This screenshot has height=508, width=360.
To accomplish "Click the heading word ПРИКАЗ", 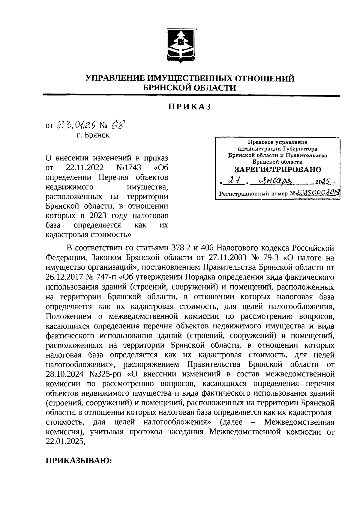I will (190, 107).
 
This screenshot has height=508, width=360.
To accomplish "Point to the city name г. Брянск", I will (93, 135).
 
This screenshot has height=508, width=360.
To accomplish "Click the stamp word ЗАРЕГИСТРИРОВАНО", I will (277, 169).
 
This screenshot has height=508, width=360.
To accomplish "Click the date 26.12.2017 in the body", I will (66, 277).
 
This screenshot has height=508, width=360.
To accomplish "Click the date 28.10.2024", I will (66, 374).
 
